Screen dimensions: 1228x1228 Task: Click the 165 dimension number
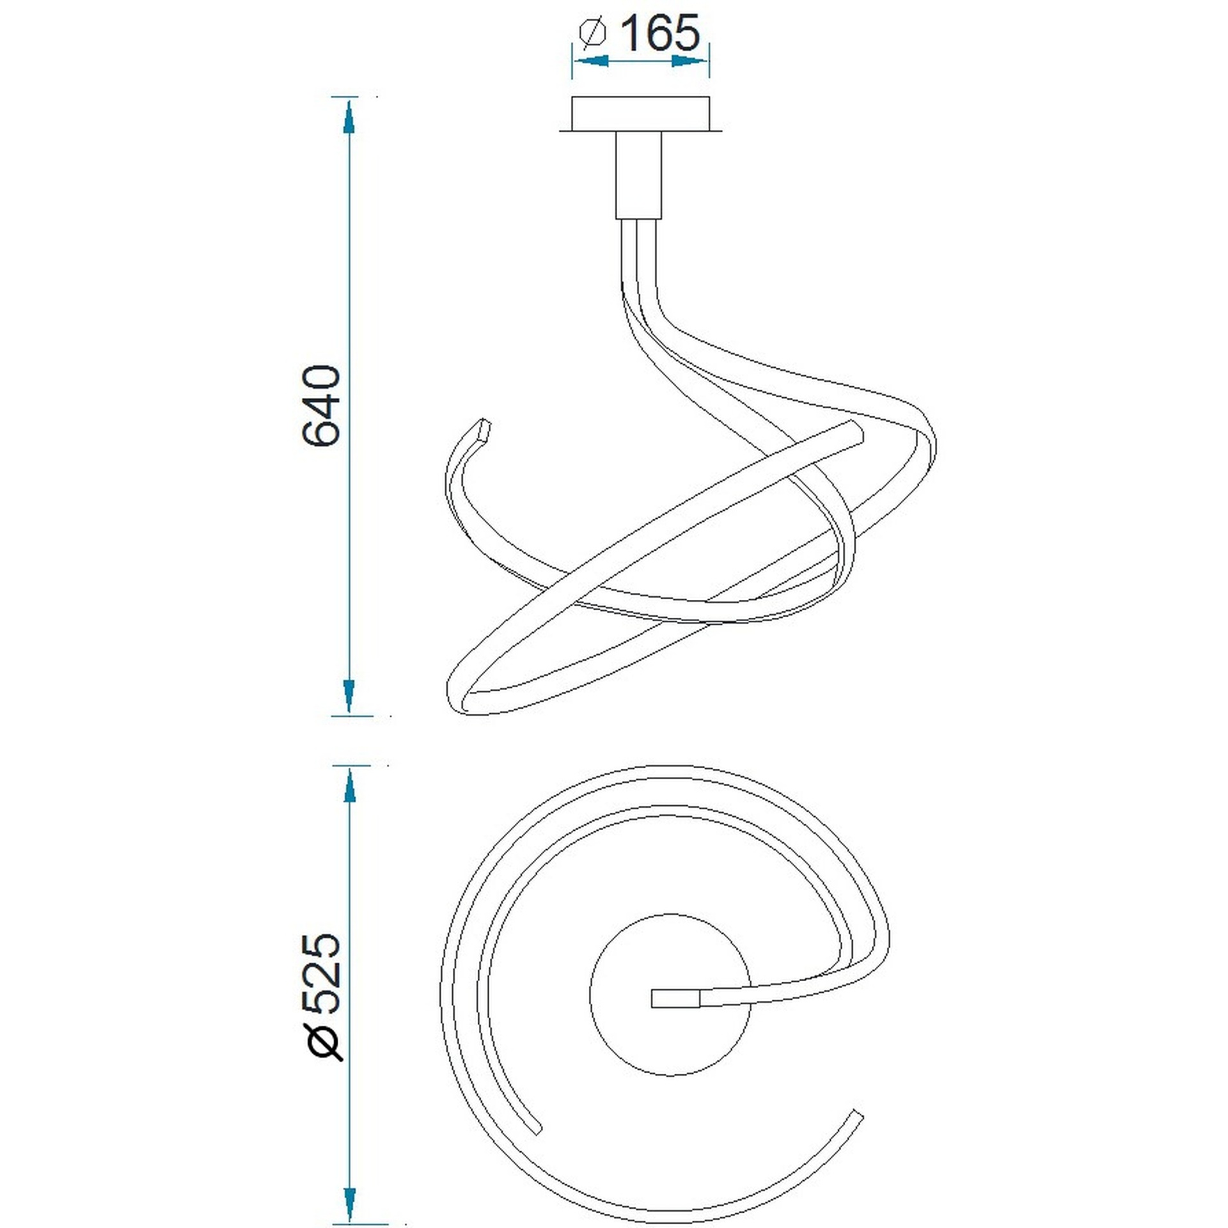coord(660,33)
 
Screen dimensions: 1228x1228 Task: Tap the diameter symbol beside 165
coord(592,33)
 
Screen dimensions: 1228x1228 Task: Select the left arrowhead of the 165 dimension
coord(589,61)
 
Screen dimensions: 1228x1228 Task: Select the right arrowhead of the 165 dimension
coord(691,61)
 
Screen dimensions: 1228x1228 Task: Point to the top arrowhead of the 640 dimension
coord(349,116)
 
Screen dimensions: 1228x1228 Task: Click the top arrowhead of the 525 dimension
coord(349,783)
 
